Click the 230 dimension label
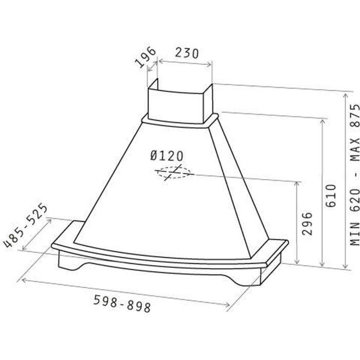[187, 53]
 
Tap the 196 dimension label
[146, 58]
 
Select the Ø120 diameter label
[167, 156]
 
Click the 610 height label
[331, 196]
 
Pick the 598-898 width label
[122, 303]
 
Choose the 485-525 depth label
[26, 225]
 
